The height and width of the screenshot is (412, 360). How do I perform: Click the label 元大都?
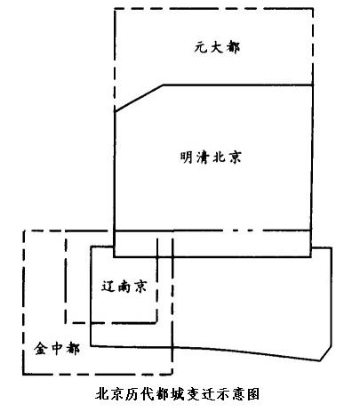217,47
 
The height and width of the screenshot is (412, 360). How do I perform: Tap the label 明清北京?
211,157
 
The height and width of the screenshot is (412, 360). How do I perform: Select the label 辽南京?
124,287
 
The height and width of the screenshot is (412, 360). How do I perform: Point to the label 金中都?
57,348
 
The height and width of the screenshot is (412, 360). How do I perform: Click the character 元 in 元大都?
201,47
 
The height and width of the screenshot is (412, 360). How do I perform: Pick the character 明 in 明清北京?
187,157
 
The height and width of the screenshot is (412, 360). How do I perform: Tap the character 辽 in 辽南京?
108,287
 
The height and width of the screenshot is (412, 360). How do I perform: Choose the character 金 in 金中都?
41,348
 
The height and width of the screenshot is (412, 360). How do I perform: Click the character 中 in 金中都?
57,348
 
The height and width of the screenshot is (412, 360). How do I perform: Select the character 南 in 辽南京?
124,287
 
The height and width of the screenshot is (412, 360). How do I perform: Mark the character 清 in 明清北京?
203,157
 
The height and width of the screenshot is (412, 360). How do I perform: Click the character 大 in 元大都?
217,47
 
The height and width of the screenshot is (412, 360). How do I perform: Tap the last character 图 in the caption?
252,394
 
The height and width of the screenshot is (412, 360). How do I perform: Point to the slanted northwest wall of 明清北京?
139,99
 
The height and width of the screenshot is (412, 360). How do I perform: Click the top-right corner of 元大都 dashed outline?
313,9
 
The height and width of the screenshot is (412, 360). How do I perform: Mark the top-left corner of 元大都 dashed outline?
115,9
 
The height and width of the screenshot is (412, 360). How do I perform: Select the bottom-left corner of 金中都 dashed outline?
23,375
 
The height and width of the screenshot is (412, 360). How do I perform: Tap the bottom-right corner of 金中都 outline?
172,375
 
